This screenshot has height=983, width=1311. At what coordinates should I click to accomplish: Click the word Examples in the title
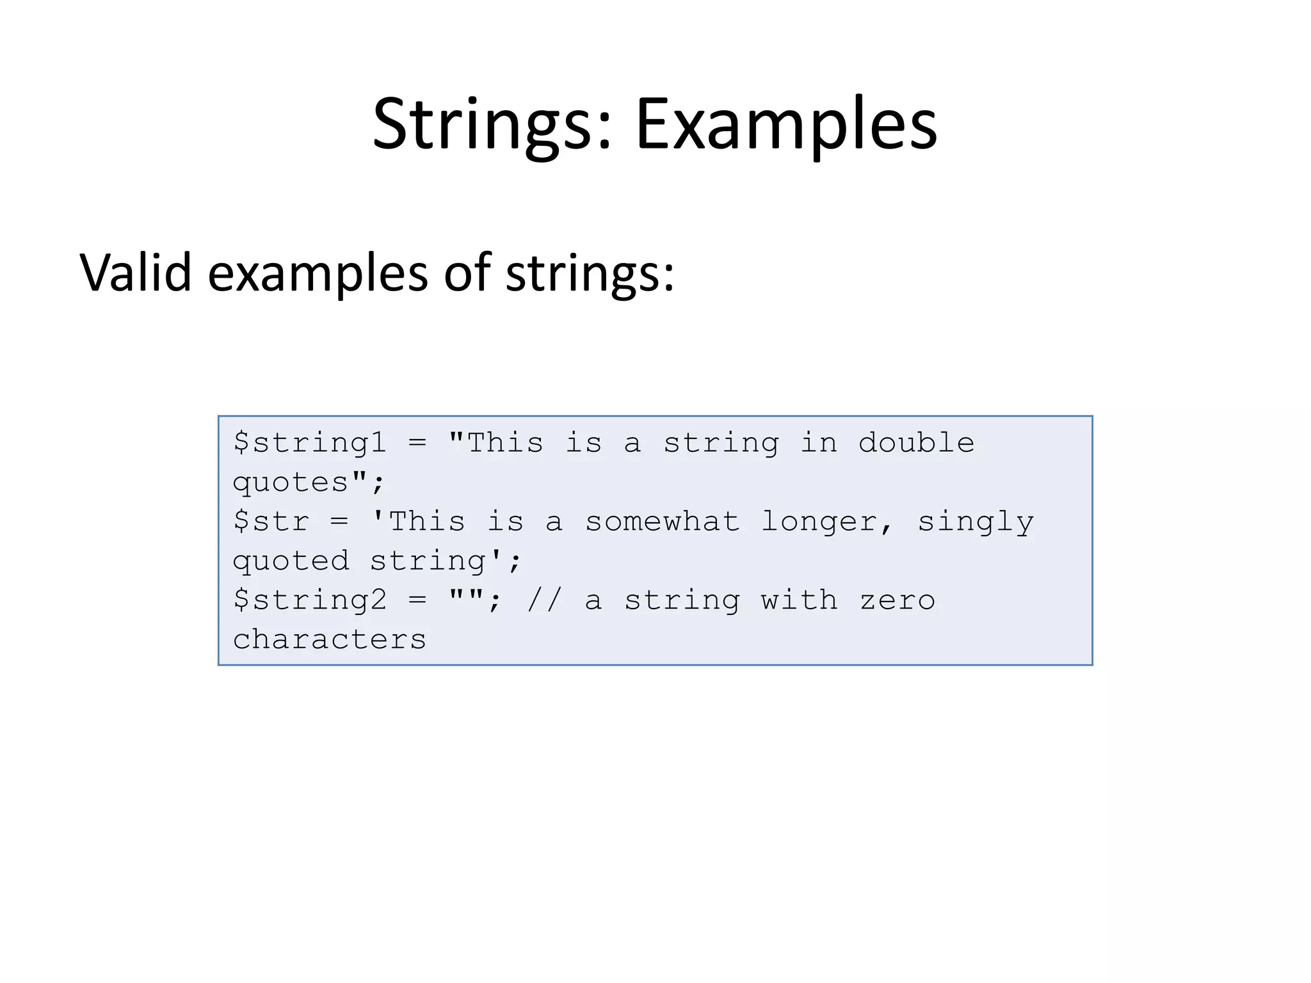(x=786, y=125)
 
